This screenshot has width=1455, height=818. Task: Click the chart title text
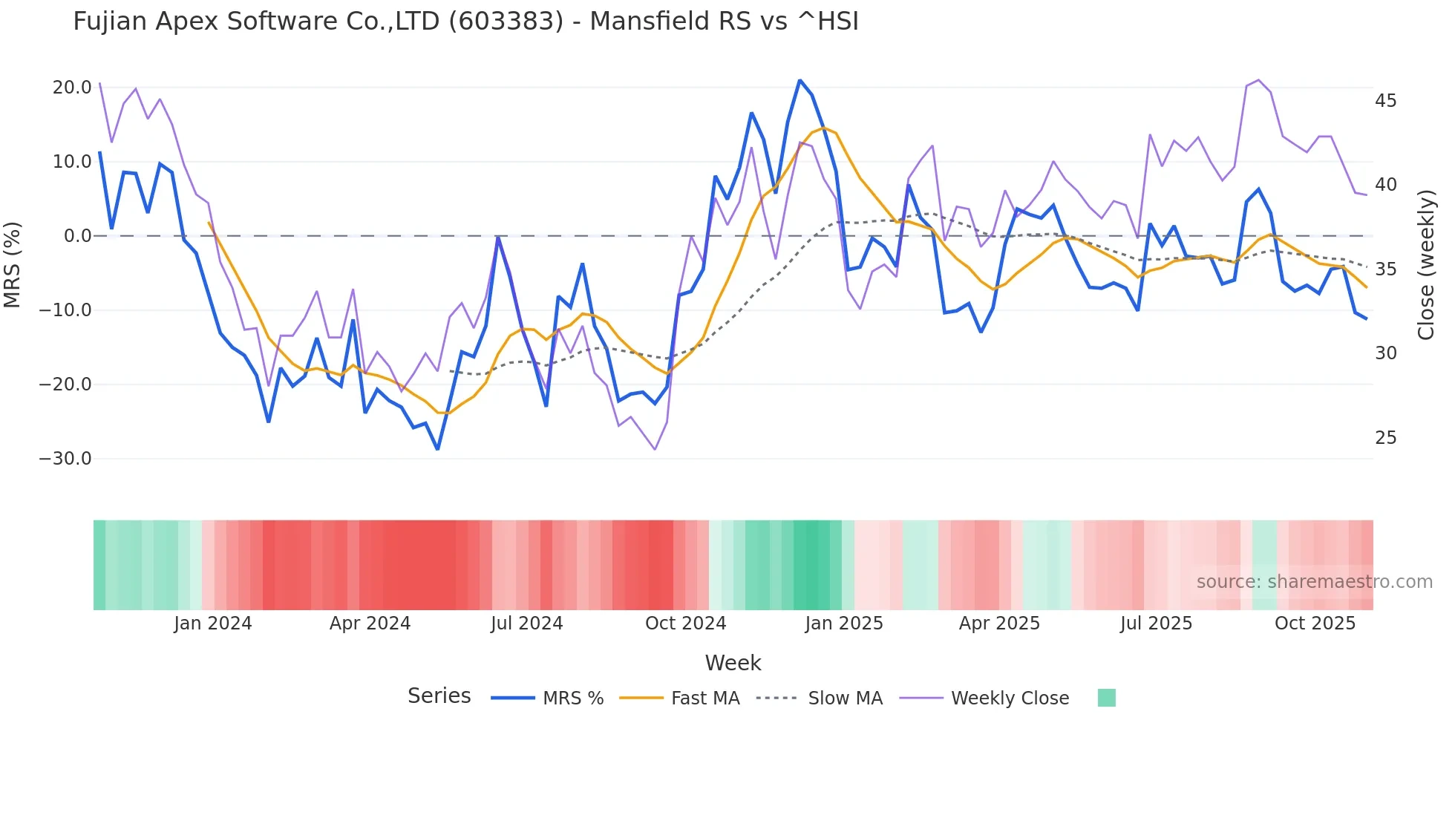pyautogui.click(x=465, y=22)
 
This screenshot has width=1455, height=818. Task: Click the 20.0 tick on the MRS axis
pyautogui.click(x=72, y=88)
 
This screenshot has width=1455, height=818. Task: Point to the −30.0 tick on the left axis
pyautogui.click(x=65, y=459)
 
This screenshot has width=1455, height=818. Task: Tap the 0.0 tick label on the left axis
pyautogui.click(x=77, y=236)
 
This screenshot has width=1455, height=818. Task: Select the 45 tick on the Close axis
pyautogui.click(x=1385, y=100)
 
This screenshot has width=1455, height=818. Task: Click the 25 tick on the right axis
pyautogui.click(x=1385, y=438)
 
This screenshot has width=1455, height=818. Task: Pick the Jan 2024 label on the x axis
pyautogui.click(x=213, y=624)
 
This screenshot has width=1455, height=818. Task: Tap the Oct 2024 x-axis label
pyautogui.click(x=685, y=624)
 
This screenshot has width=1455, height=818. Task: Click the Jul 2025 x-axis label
pyautogui.click(x=1156, y=624)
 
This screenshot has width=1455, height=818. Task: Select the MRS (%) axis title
pyautogui.click(x=13, y=264)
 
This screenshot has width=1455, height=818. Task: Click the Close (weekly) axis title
pyautogui.click(x=1425, y=264)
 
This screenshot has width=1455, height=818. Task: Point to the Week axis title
pyautogui.click(x=733, y=663)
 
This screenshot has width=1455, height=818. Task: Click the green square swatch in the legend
pyautogui.click(x=1106, y=698)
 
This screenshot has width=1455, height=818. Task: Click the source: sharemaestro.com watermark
pyautogui.click(x=1314, y=582)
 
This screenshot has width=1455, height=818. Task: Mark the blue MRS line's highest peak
pyautogui.click(x=800, y=80)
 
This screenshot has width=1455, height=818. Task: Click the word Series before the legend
pyautogui.click(x=439, y=696)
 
